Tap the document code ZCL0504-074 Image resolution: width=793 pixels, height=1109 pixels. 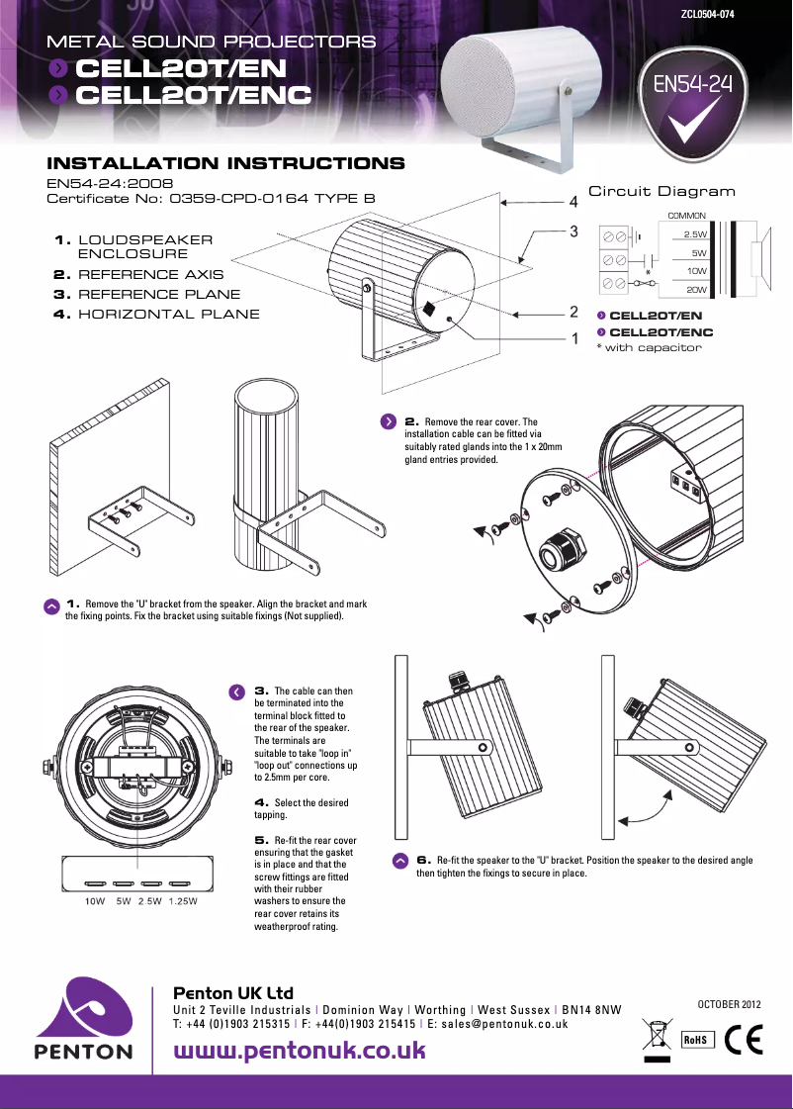point(706,14)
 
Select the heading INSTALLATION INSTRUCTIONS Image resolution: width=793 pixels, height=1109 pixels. point(225,163)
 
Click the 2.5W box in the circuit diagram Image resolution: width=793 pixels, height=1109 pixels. point(695,234)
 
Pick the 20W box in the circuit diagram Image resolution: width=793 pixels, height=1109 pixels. point(695,289)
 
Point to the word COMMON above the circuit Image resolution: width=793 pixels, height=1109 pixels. point(686,215)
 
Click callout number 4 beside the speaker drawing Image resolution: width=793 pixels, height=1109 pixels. point(573,202)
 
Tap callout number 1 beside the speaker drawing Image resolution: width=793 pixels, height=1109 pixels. point(573,338)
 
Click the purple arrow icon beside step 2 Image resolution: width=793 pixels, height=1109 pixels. point(390,421)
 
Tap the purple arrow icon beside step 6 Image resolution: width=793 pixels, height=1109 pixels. point(399,861)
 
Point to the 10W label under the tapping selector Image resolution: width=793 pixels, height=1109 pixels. point(95,901)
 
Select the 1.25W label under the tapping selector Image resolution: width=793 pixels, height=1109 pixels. point(183,901)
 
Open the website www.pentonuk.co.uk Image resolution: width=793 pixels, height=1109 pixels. point(300,1050)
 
